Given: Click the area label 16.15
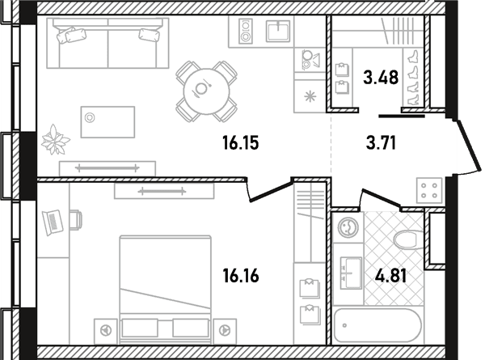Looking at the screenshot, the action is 241,143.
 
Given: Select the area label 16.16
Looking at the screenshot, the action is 241,276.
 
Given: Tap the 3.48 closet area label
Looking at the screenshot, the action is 381,77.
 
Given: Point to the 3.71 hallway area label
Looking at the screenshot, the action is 381,143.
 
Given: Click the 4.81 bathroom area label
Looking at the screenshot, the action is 390,276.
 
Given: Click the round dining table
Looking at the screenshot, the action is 206,91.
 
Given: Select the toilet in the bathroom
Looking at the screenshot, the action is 408,240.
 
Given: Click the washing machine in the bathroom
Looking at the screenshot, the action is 348,227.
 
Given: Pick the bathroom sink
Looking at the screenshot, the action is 351,273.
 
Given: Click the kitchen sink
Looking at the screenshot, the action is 278,31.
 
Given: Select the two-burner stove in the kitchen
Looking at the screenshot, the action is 246,31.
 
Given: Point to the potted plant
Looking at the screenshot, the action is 55,140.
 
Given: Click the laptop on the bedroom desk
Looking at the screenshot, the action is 53,222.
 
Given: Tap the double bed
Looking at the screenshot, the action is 166,289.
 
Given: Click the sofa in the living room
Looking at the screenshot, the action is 108,43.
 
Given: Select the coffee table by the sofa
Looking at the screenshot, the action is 108,122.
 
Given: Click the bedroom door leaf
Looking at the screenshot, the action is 272,192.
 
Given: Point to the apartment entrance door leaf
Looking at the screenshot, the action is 469,146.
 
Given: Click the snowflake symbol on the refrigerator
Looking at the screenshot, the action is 310,96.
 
